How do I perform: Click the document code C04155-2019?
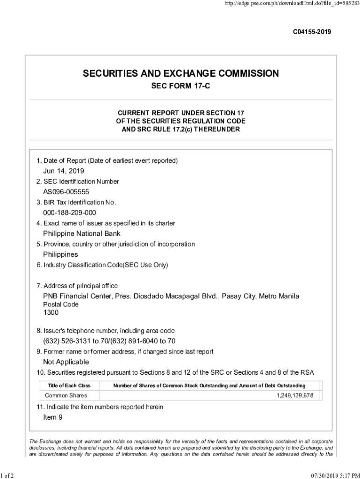click(x=312, y=32)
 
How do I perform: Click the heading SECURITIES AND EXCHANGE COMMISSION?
click(x=180, y=73)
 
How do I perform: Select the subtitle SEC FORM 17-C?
click(x=180, y=87)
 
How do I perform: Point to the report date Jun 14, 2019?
click(x=64, y=171)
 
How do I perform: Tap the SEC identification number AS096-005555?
click(x=66, y=192)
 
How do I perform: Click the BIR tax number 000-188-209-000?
click(x=70, y=213)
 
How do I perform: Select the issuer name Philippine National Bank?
click(x=82, y=233)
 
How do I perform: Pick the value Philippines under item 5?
click(x=60, y=254)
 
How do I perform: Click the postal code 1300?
click(x=51, y=312)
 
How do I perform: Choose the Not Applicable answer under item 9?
click(x=66, y=362)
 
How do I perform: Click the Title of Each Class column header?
click(x=69, y=385)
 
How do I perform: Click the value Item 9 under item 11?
click(x=53, y=417)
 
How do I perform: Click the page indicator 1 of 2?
click(x=8, y=476)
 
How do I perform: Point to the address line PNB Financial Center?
click(x=171, y=296)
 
